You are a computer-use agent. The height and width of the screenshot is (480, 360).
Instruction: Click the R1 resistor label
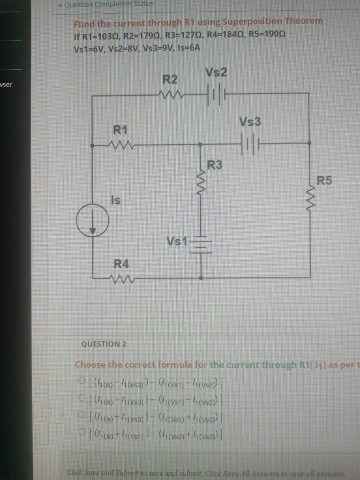120,130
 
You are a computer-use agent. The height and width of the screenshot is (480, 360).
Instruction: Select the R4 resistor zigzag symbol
121,278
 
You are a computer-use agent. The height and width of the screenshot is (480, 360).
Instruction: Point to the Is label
115,201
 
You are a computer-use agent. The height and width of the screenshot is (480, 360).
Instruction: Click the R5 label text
324,181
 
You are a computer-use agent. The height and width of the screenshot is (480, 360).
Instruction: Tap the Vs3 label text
250,122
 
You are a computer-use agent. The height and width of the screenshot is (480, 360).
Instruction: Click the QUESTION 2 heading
104,344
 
